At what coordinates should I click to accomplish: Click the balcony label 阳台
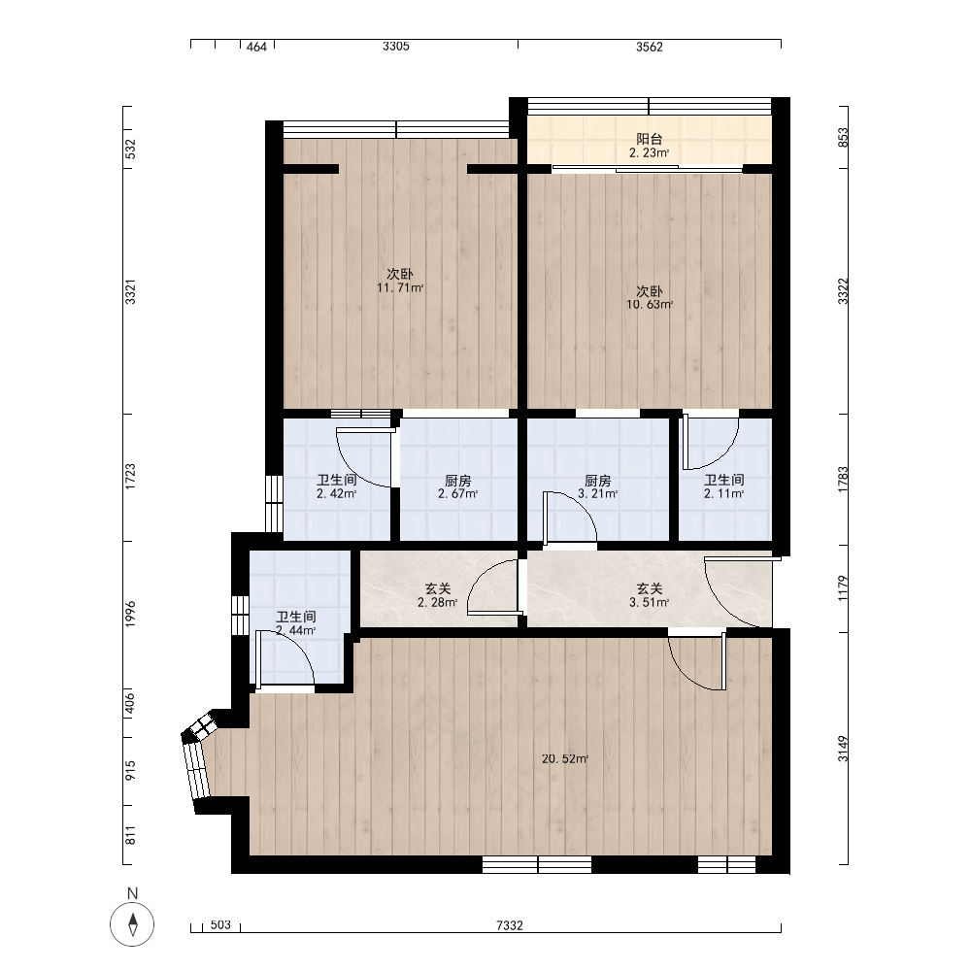pyautogui.click(x=649, y=139)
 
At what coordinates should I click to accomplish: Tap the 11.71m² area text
pyautogui.click(x=400, y=288)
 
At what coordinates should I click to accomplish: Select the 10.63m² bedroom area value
pyautogui.click(x=649, y=305)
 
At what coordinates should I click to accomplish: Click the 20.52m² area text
pyautogui.click(x=565, y=758)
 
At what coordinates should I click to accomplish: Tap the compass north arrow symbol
pyautogui.click(x=132, y=924)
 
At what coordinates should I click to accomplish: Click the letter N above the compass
pyautogui.click(x=132, y=893)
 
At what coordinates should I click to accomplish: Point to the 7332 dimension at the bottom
pyautogui.click(x=510, y=925)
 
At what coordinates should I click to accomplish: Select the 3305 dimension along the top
pyautogui.click(x=396, y=46)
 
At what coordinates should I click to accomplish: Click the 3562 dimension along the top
pyautogui.click(x=649, y=47)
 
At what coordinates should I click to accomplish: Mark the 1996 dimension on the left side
pyautogui.click(x=130, y=614)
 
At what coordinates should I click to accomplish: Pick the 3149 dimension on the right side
pyautogui.click(x=843, y=749)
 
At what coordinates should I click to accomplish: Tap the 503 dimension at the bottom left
pyautogui.click(x=220, y=925)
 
